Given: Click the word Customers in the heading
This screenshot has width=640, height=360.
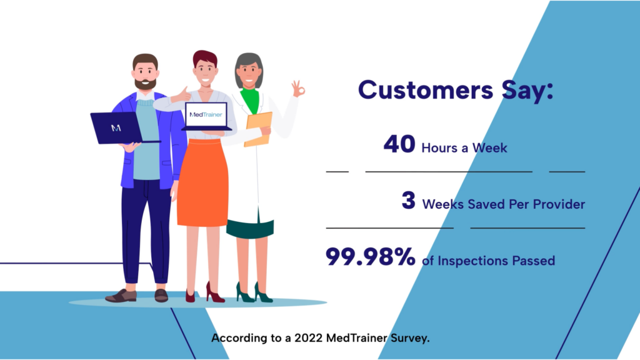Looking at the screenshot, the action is (425, 90).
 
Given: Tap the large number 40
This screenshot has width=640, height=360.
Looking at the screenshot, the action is (399, 144).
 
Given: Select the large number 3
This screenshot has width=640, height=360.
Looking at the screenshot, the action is (408, 201).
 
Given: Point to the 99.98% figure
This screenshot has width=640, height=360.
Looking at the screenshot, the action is (370, 257).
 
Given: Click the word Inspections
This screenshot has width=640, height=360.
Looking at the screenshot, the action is (472, 261).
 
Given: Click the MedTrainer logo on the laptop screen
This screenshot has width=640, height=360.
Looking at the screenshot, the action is (206, 115).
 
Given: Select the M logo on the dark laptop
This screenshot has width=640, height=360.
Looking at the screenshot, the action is (116, 128).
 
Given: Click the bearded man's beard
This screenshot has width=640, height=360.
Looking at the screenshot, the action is (145, 84).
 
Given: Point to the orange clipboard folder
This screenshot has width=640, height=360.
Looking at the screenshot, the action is (258, 129).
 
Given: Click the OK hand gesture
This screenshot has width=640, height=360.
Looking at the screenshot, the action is (298, 89).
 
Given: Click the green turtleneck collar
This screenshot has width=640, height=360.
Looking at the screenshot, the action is (250, 99).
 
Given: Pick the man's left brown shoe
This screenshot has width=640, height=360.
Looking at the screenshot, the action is (121, 296).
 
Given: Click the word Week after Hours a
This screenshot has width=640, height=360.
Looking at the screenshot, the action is (489, 147).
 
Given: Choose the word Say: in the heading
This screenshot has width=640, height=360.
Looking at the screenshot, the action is (527, 91).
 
